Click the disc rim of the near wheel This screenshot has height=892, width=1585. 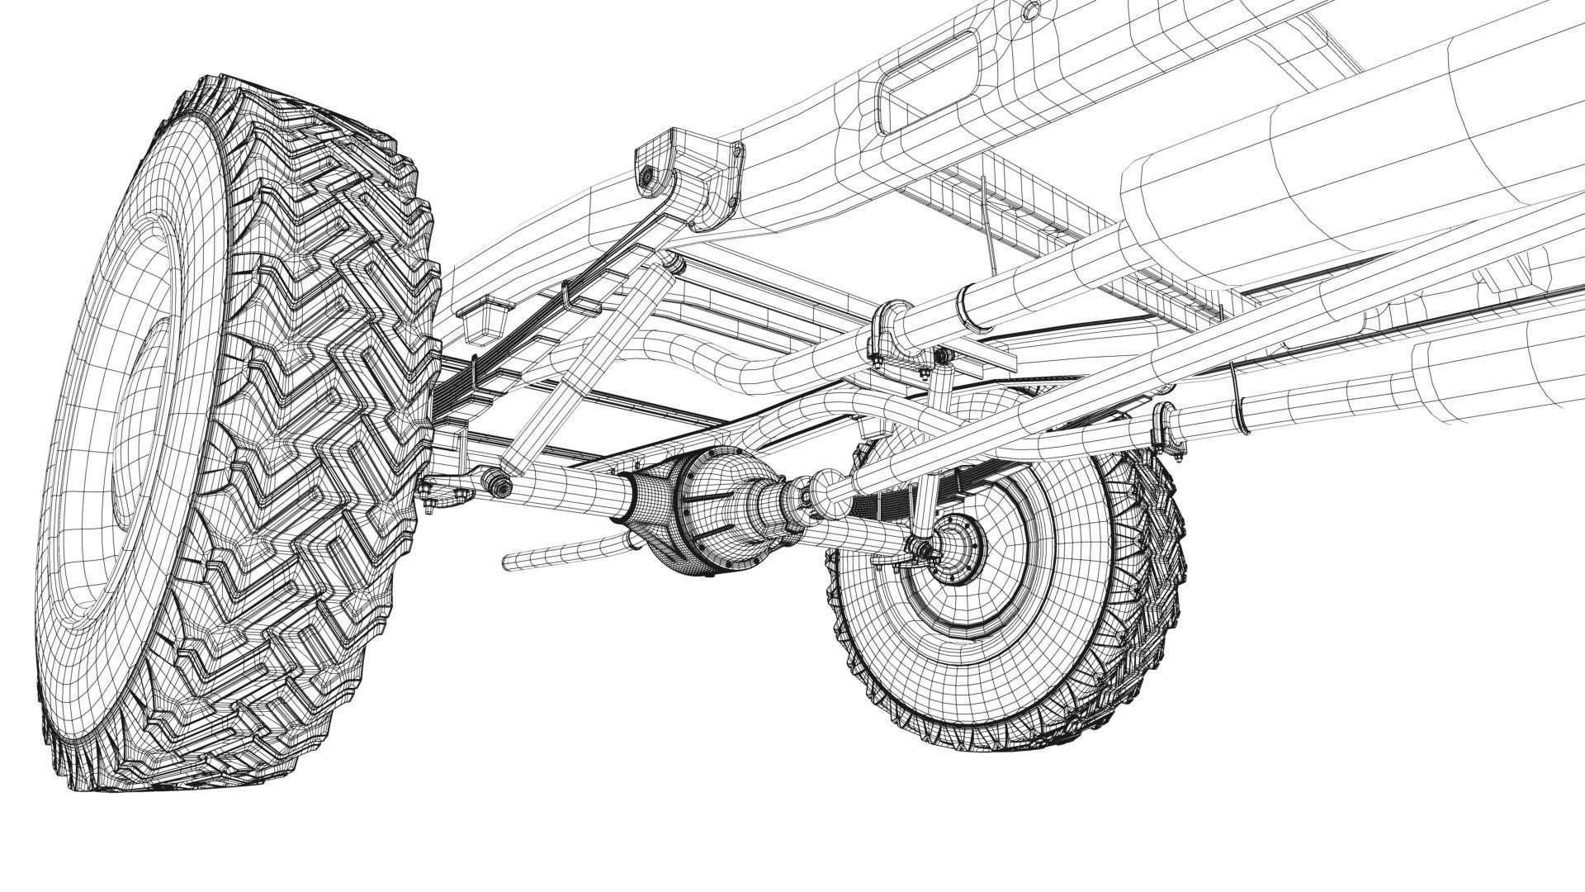(124, 413)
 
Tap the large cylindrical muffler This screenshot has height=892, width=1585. (1321, 165)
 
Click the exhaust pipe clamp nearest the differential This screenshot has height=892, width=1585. (887, 330)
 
